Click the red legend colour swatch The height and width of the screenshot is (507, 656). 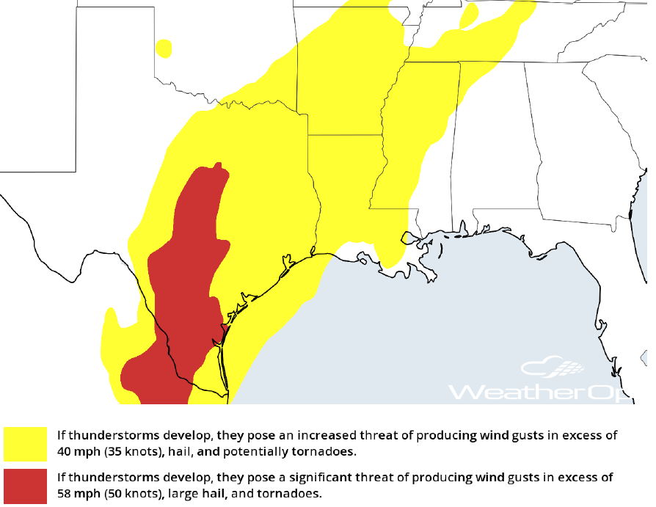point(25,485)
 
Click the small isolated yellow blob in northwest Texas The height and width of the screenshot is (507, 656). point(164,48)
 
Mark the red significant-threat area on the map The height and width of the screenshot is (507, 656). point(187,279)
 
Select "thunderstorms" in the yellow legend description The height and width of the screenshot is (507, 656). point(106,435)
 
